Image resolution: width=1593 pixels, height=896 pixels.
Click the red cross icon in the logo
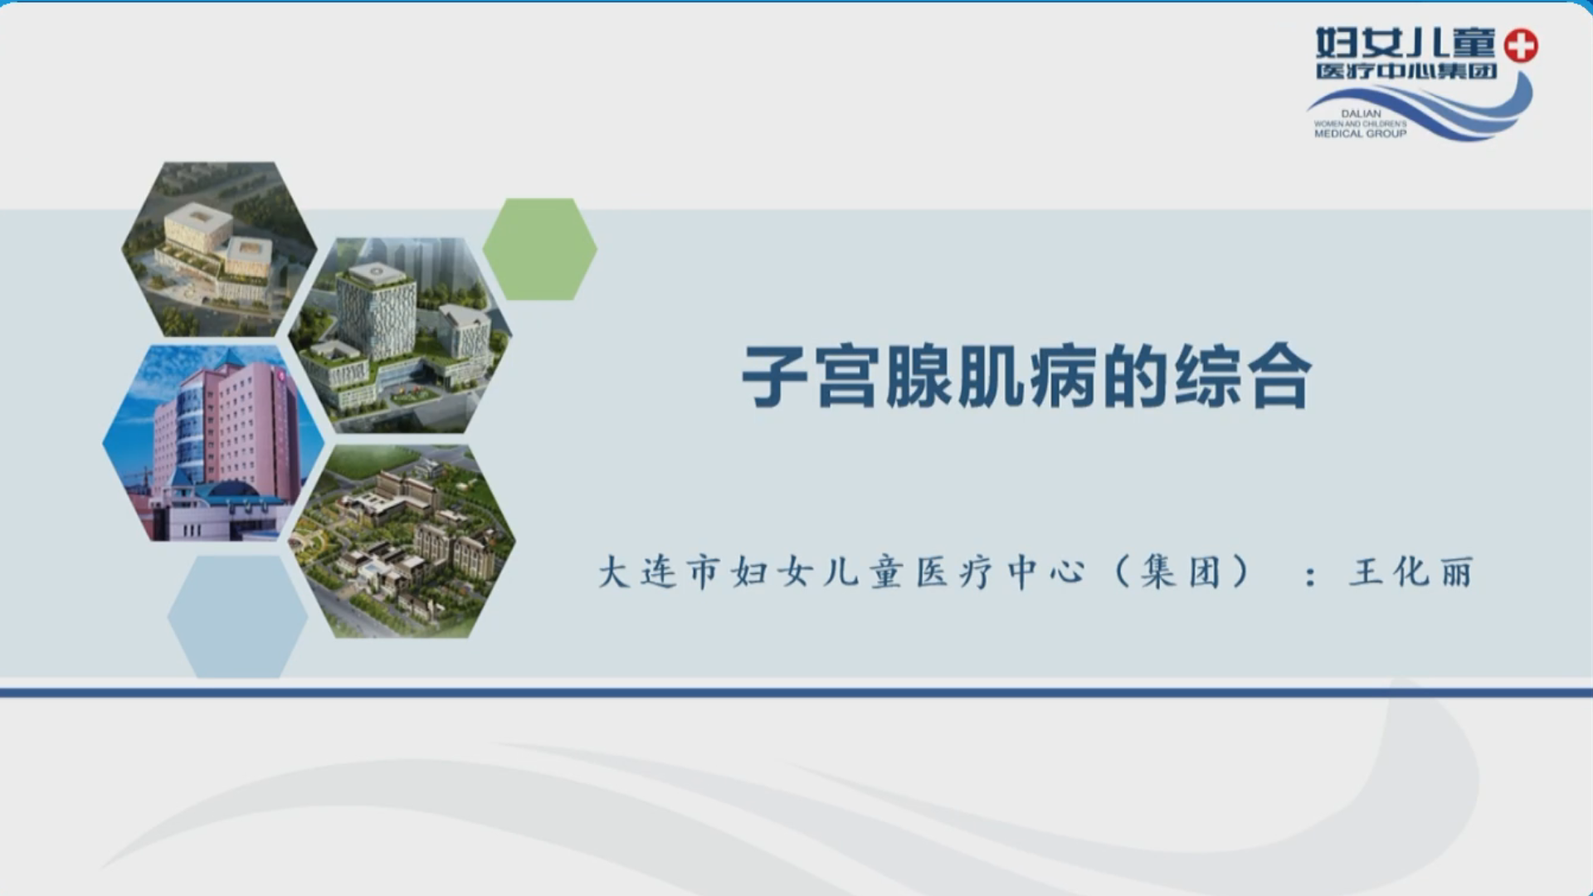click(x=1521, y=46)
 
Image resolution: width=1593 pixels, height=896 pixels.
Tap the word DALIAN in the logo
click(x=1361, y=114)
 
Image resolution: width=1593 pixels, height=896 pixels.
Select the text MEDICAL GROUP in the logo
click(x=1361, y=134)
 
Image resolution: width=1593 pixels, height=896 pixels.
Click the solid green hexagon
click(x=540, y=249)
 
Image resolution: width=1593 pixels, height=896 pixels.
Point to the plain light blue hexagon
click(x=238, y=616)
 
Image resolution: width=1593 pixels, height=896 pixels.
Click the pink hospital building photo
click(x=213, y=444)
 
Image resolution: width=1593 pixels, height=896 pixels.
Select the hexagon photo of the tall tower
click(x=400, y=335)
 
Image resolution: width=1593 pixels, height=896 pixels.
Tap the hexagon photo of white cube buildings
click(x=219, y=249)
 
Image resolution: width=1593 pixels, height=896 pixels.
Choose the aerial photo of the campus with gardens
click(x=402, y=542)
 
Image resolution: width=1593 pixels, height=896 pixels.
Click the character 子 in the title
click(x=776, y=377)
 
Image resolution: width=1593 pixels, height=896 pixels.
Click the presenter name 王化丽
click(x=1411, y=572)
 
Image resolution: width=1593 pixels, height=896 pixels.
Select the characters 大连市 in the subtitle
click(x=658, y=572)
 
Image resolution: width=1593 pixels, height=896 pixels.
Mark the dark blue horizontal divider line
click(x=796, y=692)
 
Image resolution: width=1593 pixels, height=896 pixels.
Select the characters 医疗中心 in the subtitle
click(x=1001, y=572)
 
